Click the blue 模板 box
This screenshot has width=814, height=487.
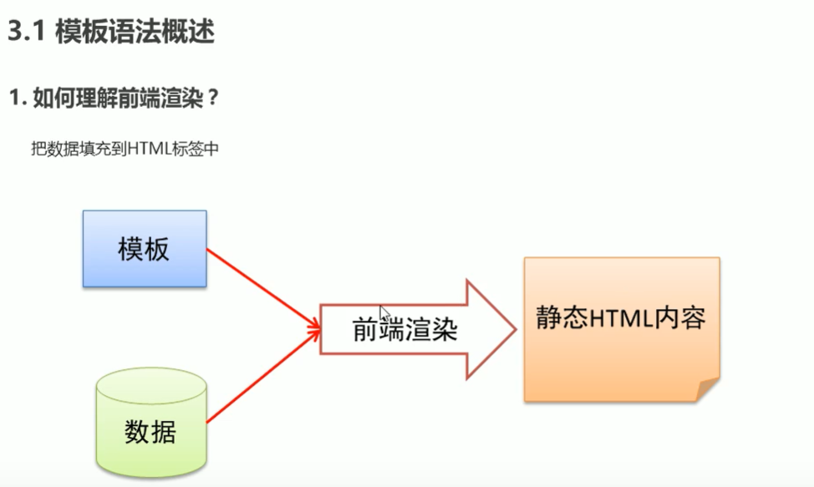click(145, 249)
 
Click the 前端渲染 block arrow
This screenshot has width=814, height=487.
click(418, 330)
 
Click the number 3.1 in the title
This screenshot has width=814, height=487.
click(26, 33)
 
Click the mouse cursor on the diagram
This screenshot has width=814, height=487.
click(384, 312)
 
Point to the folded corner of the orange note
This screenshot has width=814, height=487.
click(706, 389)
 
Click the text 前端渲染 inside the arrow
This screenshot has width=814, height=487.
click(404, 331)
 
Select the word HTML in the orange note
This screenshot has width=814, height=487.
click(618, 319)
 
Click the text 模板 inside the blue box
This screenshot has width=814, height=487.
click(144, 250)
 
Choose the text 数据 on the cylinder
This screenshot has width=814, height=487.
click(150, 432)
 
